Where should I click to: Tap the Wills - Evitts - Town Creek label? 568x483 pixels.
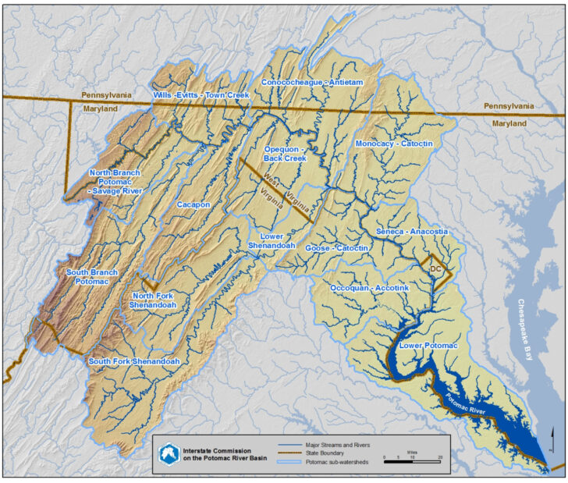(201, 95)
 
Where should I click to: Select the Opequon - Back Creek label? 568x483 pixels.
(284, 153)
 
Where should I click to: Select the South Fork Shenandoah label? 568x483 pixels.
(133, 361)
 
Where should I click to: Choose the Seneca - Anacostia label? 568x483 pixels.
(411, 232)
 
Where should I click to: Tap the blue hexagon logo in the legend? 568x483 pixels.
(168, 454)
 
